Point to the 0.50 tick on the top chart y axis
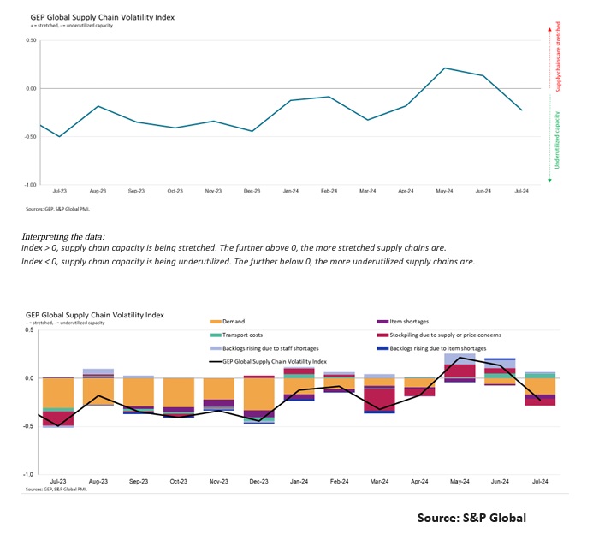tap(31, 40)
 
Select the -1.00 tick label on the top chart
tap(30, 185)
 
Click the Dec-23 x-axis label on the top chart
tap(252, 192)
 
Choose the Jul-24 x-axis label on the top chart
tap(520, 192)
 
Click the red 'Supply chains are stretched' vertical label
tap(560, 58)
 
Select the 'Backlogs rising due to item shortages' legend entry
tap(442, 348)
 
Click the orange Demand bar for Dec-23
tap(258, 395)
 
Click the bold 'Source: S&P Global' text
tap(471, 518)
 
